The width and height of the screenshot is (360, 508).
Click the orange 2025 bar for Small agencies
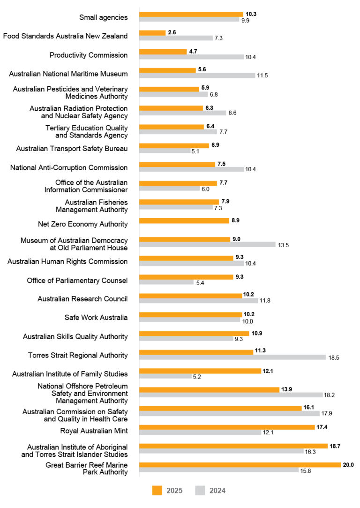point(191,14)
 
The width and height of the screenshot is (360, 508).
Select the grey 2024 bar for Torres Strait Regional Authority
point(232,357)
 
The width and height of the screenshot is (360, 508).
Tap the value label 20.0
point(348,464)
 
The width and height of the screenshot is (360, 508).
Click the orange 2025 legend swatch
point(158,491)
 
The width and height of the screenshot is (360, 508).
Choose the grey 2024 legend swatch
point(200,491)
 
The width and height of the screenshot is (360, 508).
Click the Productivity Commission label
point(89,55)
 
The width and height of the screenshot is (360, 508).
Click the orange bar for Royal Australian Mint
point(227,427)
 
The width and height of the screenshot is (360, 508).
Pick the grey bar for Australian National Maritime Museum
point(197,76)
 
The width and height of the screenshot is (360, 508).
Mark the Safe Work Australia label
point(96,318)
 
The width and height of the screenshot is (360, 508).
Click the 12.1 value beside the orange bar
point(269,371)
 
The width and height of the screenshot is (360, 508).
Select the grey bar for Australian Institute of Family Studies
point(165,376)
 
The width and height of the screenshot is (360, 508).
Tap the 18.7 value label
point(335,446)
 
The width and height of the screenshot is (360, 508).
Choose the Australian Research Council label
point(82,299)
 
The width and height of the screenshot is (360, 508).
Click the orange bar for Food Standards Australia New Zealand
point(152,33)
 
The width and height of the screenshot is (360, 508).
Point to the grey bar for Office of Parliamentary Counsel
point(166,282)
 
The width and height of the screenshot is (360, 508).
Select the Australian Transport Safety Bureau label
point(72,149)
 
